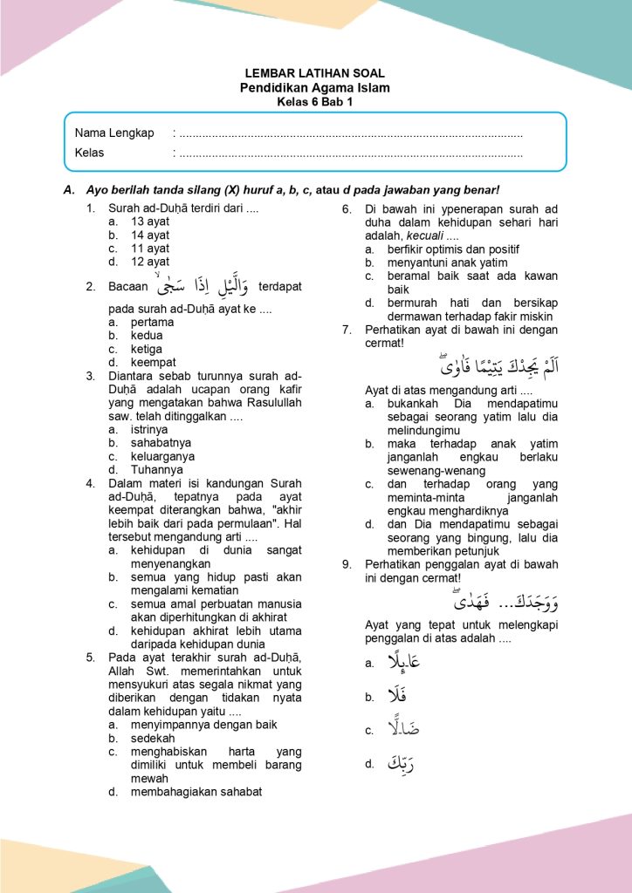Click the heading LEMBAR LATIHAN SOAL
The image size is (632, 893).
(315, 73)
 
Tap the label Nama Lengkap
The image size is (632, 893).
(114, 133)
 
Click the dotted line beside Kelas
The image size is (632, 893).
(348, 153)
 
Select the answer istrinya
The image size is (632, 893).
(149, 430)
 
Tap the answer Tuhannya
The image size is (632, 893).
(151, 469)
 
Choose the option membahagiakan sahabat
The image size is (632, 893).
(196, 792)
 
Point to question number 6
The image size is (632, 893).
(347, 209)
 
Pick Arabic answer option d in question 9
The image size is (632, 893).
(400, 764)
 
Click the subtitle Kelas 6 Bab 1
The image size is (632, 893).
(315, 101)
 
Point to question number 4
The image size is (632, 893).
(91, 483)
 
